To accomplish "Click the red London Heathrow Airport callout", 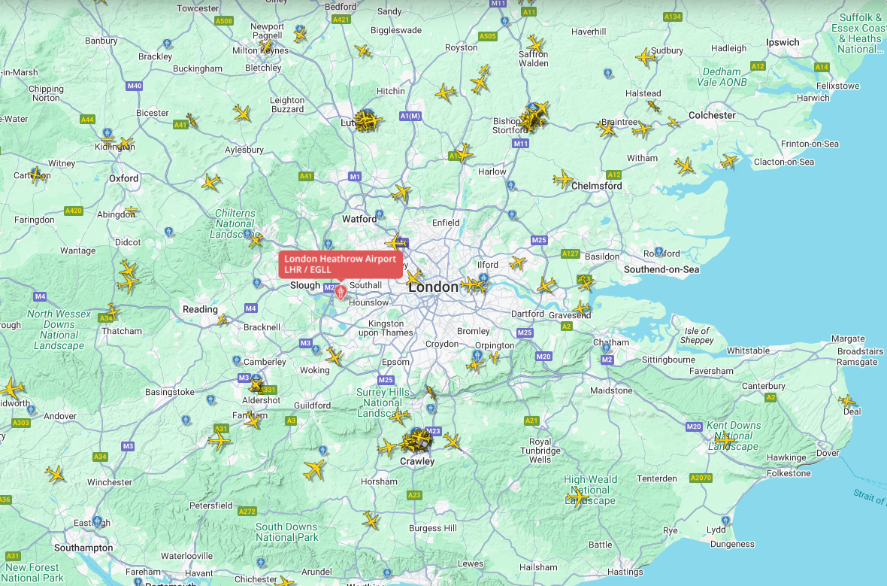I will (340, 264).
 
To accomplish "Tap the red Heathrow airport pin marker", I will (341, 291).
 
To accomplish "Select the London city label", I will (433, 287).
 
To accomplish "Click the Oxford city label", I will (124, 178).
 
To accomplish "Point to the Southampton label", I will (83, 548).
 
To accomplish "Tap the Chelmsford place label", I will (597, 185).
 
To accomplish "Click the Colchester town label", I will (712, 115).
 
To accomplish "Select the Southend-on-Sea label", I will (661, 269).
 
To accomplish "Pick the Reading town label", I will (200, 309).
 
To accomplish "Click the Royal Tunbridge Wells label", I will (540, 451).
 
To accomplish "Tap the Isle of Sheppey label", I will (697, 336).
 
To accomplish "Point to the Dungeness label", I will (732, 544).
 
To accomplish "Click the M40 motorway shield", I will (135, 86).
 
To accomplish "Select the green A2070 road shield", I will (701, 478).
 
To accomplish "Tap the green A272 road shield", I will (247, 512).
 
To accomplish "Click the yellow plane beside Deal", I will (847, 401).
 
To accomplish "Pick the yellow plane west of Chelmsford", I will (562, 179).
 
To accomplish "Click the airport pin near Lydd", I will (725, 520).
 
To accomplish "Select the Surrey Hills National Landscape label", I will (383, 402).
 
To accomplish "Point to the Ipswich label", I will (783, 42).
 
